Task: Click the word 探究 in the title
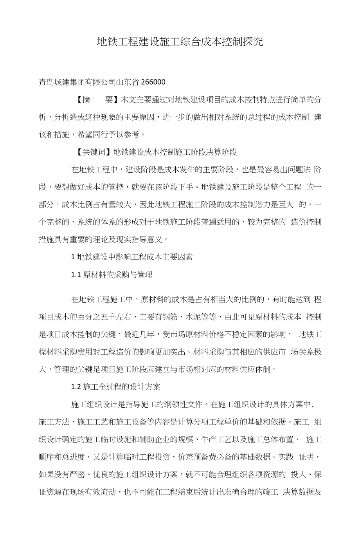(253, 42)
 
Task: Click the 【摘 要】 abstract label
(93, 99)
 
